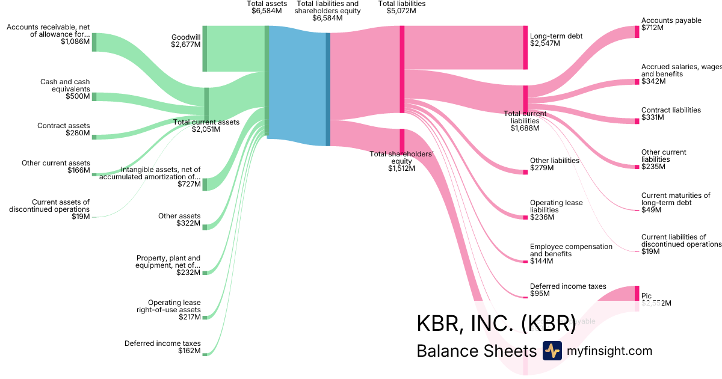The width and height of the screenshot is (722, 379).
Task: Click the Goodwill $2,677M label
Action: [x=185, y=40]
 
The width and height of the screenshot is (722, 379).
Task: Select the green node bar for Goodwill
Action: [x=205, y=49]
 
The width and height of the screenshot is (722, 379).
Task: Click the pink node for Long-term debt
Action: [x=525, y=48]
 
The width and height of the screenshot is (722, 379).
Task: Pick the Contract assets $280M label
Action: [x=63, y=129]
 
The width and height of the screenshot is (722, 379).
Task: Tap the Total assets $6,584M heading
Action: [x=264, y=7]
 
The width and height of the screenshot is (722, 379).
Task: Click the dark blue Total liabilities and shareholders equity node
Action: [x=328, y=89]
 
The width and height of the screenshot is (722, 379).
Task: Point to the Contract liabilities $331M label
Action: [x=671, y=114]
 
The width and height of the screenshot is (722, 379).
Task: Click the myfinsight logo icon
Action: [x=552, y=351]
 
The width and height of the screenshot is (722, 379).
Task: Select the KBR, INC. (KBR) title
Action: [x=496, y=322]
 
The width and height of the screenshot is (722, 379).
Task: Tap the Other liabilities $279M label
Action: [x=554, y=164]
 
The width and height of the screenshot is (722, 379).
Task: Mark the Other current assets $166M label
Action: [x=56, y=167]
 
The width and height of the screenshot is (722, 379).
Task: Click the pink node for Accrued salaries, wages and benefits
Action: [x=637, y=81]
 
